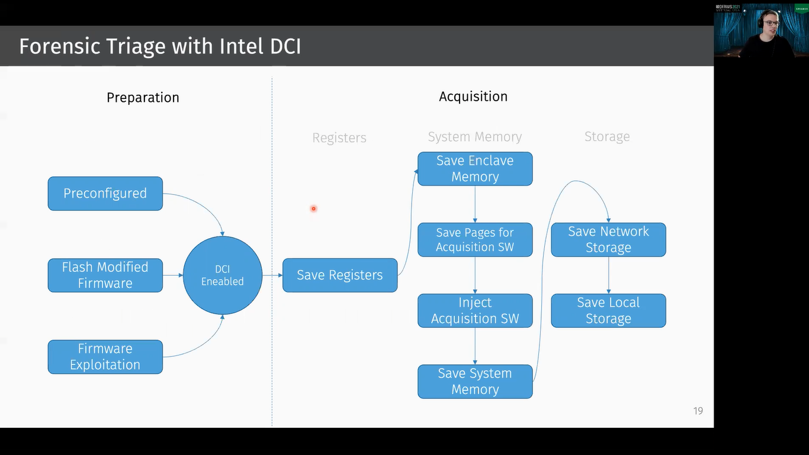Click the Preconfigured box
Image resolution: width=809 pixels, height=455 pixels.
click(x=105, y=194)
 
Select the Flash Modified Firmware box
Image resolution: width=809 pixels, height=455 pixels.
click(x=105, y=275)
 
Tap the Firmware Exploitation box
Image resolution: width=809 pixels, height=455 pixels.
click(x=105, y=357)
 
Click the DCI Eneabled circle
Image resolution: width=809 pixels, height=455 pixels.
click(x=223, y=275)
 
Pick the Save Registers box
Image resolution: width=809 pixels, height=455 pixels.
click(x=339, y=275)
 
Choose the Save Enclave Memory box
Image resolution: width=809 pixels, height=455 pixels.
click(x=475, y=169)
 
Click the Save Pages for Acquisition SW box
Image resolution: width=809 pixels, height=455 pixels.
click(x=475, y=240)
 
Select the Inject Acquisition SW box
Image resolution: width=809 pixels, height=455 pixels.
click(x=475, y=310)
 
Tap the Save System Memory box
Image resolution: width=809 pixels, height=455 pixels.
click(x=475, y=382)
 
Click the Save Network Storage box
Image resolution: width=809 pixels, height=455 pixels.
click(x=608, y=240)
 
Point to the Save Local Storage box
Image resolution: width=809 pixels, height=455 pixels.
click(x=608, y=310)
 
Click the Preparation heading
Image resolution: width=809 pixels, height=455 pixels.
click(x=143, y=98)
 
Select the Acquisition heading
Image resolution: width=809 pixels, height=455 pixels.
click(x=473, y=97)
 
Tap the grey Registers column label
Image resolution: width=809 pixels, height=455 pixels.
click(x=339, y=138)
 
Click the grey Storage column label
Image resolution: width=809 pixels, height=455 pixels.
click(x=607, y=137)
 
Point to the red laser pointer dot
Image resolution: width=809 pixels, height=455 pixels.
click(x=313, y=209)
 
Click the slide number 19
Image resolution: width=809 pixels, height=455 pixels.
click(x=698, y=411)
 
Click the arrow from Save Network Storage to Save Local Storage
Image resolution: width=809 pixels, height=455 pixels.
click(x=608, y=275)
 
